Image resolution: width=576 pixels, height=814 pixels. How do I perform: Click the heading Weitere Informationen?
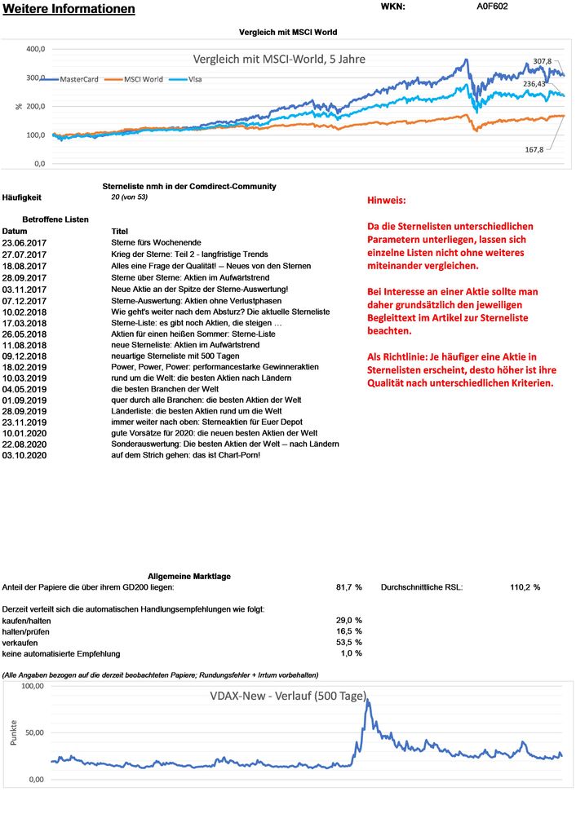point(69,10)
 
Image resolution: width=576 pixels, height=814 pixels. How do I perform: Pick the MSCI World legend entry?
point(141,79)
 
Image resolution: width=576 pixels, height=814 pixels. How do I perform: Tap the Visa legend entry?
point(190,79)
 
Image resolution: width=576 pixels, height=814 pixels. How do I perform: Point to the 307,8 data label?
point(542,61)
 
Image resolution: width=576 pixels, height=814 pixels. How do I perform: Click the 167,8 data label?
point(534,149)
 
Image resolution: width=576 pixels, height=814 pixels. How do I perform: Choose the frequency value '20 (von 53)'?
point(129,197)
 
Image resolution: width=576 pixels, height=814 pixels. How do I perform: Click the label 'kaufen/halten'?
point(25,621)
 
